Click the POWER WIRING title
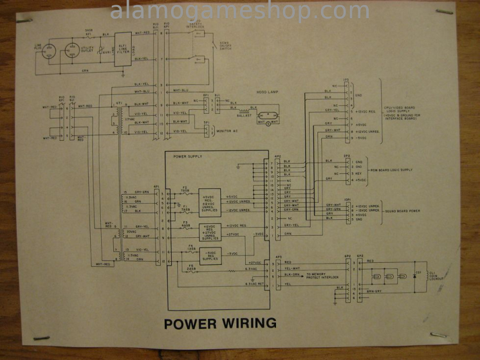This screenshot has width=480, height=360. click(x=220, y=323)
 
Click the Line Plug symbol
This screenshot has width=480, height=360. click(x=46, y=53)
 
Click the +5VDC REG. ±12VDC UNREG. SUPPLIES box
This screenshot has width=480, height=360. click(x=210, y=201)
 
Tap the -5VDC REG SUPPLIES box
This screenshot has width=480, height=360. click(x=210, y=254)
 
